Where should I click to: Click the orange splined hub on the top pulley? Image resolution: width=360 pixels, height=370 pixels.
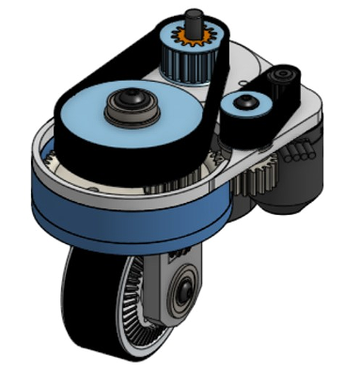point(195,39)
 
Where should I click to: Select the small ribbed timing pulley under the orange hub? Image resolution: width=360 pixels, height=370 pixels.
point(187,64)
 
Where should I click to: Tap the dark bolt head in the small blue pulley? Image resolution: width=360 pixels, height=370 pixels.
point(248,100)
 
